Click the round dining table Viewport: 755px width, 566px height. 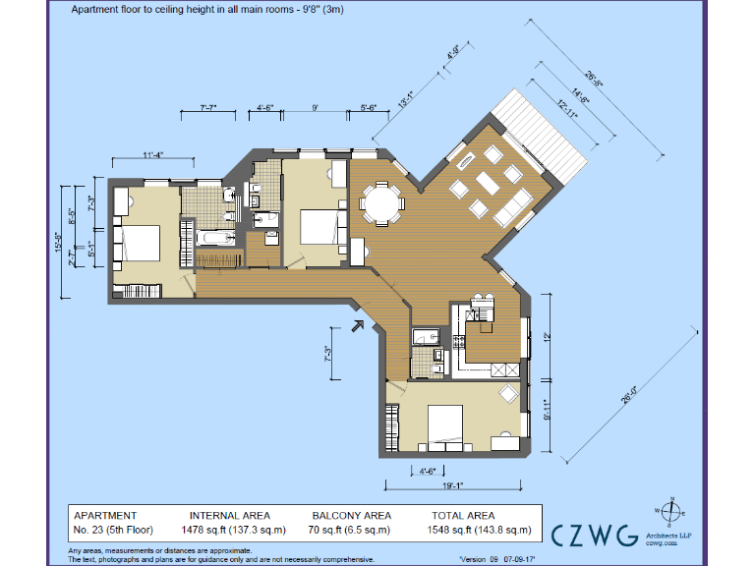(381, 205)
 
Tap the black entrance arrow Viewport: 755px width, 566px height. (358, 325)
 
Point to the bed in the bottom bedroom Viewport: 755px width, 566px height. (446, 424)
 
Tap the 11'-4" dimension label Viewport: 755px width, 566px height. (151, 154)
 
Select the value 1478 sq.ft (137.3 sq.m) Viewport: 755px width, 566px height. (236, 530)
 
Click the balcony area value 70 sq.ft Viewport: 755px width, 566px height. (351, 530)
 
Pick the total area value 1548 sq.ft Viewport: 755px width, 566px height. (481, 530)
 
